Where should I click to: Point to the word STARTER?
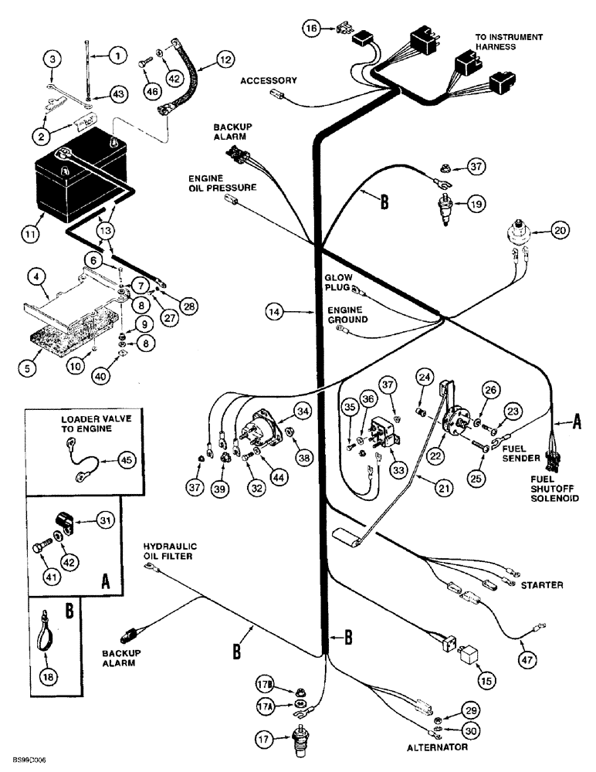pyautogui.click(x=541, y=585)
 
